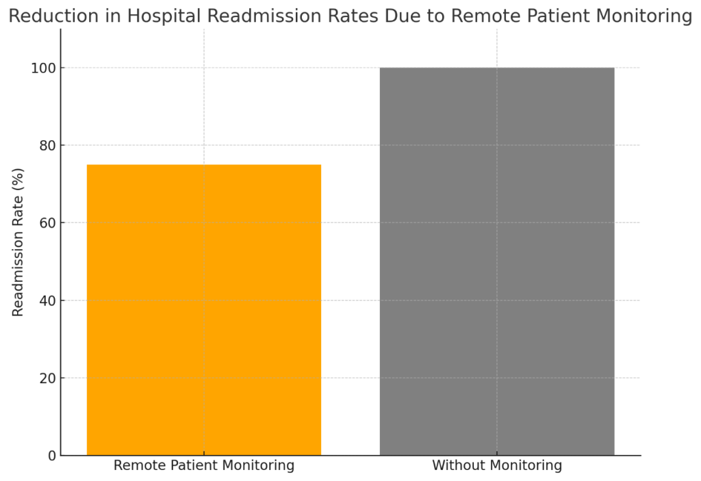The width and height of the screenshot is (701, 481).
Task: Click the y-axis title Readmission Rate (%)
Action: point(18,242)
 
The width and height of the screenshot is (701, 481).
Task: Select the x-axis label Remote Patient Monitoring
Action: point(203,466)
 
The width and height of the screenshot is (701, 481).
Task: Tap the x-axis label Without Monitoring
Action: point(497,466)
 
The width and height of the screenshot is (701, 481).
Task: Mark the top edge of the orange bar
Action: point(203,165)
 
